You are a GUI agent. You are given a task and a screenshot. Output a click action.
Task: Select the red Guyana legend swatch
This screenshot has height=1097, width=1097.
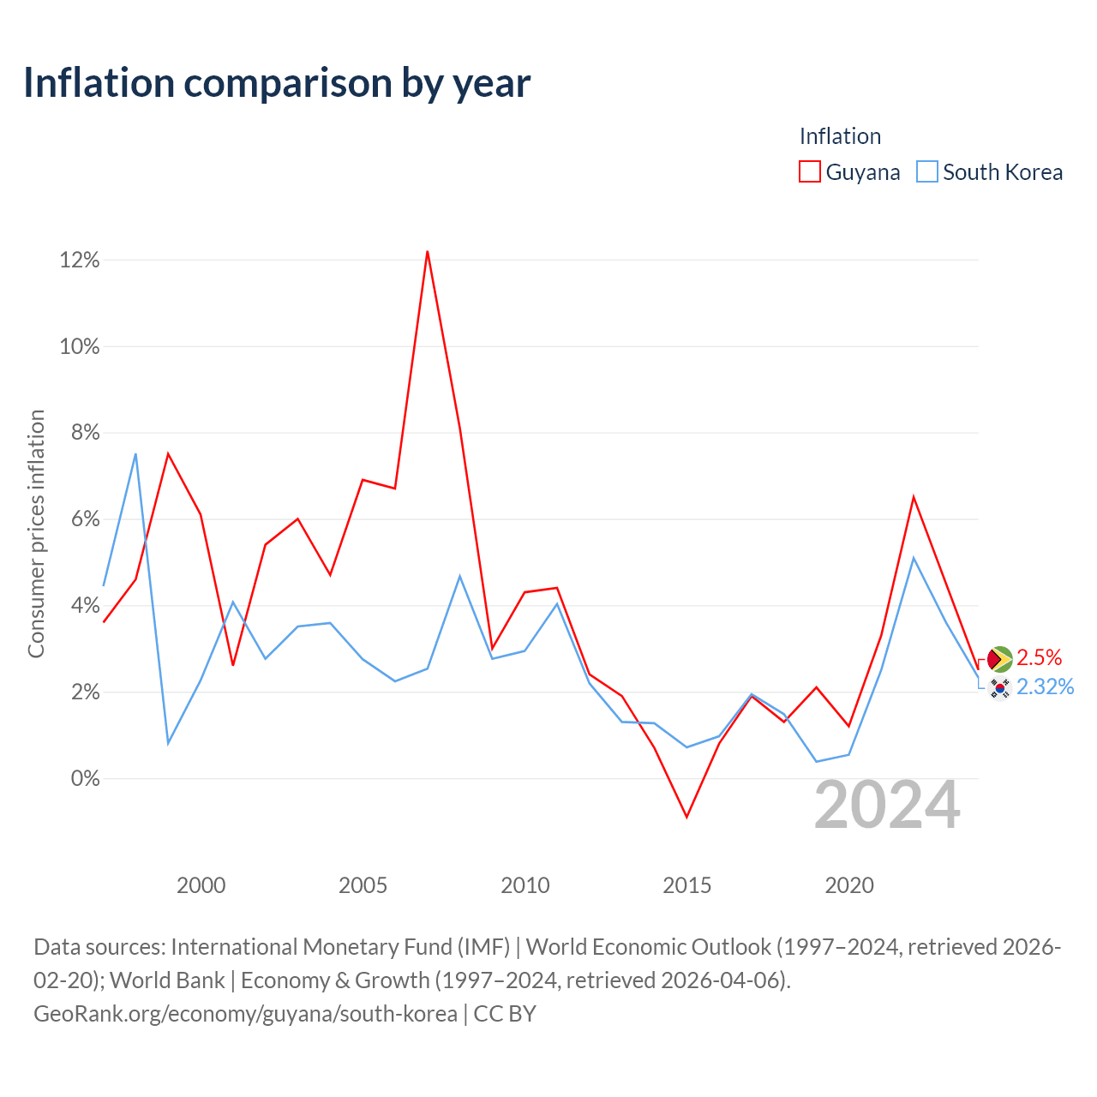(809, 171)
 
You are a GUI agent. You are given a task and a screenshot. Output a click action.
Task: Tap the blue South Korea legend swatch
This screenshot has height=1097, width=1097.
(926, 171)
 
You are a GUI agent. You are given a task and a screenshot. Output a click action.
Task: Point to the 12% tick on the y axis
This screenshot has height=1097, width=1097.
(79, 261)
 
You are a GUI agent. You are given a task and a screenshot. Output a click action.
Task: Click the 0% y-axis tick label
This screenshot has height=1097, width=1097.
(85, 778)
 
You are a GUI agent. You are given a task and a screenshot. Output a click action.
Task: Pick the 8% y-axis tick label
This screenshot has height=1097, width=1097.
(85, 433)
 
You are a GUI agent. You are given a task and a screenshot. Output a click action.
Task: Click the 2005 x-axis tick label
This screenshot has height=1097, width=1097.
(363, 885)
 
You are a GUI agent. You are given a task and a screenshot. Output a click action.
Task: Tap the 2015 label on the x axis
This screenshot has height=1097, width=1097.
(686, 885)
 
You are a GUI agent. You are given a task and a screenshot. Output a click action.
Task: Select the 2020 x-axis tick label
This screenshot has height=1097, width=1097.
(848, 885)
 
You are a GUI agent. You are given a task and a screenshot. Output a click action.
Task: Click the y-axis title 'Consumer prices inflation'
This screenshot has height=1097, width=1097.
(36, 533)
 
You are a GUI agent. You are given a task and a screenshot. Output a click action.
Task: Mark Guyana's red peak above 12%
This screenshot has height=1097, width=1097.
(427, 252)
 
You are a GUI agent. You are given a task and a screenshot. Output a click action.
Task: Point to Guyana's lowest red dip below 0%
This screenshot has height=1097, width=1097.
(686, 817)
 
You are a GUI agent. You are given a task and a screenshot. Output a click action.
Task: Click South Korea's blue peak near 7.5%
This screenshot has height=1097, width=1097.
(135, 454)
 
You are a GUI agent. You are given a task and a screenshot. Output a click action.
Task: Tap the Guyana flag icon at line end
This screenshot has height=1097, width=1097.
(999, 659)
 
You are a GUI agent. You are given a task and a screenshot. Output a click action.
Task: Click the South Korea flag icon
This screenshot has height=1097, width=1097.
(999, 688)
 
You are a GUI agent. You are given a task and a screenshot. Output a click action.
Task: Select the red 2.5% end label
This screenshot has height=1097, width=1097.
(1039, 657)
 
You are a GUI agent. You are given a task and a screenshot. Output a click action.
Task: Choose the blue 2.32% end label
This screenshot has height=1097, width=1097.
(1046, 686)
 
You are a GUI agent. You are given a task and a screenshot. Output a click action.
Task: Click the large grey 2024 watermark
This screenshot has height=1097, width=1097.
(887, 805)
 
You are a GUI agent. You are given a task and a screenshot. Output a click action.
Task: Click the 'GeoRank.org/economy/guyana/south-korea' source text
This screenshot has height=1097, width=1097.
(245, 1014)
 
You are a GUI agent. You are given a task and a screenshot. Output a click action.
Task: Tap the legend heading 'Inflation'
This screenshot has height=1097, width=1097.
(840, 136)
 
